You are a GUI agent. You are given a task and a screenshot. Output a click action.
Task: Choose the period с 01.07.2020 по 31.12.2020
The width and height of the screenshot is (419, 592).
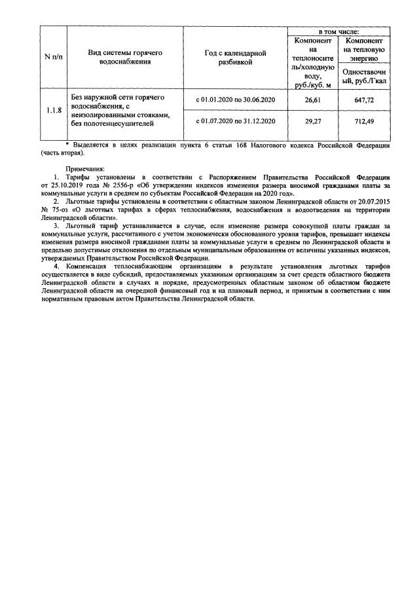(x=236, y=121)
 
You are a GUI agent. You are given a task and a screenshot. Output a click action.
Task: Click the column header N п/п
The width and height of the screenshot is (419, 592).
(x=53, y=57)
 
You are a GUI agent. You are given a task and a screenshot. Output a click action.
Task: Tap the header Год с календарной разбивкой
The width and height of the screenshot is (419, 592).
(x=236, y=57)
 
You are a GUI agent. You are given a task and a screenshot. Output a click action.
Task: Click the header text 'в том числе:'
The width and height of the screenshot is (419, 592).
(x=338, y=31)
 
